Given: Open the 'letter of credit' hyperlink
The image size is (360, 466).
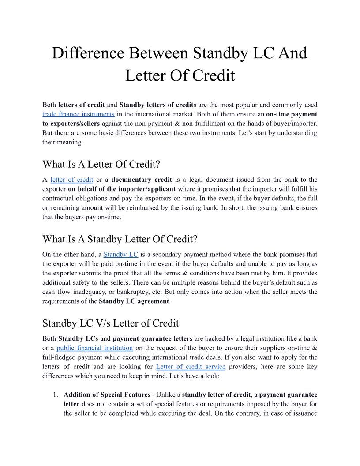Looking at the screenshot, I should [x=71, y=180].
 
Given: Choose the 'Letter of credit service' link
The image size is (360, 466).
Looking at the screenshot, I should [x=191, y=367].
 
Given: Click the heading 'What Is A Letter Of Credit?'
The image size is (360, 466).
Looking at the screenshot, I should [x=101, y=165].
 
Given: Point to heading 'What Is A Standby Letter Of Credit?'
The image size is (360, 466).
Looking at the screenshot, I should [x=120, y=239].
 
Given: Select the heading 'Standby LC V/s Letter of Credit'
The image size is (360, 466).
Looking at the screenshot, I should [x=110, y=323].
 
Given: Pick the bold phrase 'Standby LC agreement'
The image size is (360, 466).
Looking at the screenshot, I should [x=134, y=301].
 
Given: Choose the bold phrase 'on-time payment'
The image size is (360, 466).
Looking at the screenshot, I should [x=292, y=114].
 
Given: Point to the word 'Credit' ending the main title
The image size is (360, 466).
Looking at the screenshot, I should [x=210, y=75].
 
